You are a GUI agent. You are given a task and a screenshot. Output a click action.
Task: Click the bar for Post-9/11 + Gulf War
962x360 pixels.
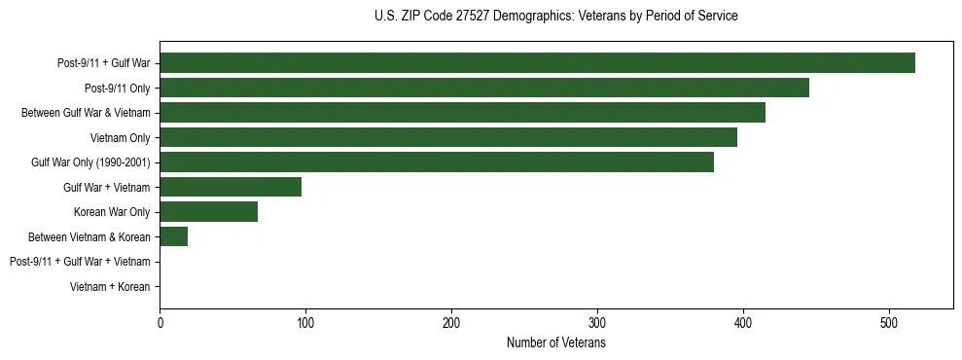coord(537,63)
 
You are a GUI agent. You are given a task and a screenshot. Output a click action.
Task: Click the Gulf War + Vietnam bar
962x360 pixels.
coord(231,187)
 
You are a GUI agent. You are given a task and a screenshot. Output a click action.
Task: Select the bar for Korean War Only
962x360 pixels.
coord(208,212)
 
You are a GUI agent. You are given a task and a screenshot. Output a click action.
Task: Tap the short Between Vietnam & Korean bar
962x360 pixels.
coord(173,236)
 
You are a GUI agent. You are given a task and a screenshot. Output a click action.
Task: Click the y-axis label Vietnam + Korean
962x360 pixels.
coord(110,287)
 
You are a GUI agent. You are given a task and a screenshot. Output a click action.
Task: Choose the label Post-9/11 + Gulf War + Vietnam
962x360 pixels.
coord(80,262)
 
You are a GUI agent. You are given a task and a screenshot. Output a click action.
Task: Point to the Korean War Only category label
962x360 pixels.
coord(112,212)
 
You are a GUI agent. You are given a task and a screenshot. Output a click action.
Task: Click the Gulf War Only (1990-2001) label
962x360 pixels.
coord(90,162)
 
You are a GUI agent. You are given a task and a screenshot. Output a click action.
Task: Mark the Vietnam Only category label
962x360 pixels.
coord(120,138)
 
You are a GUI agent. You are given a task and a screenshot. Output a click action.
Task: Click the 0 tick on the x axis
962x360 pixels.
coord(160,323)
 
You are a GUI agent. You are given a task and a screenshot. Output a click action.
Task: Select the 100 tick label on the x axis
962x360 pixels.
coord(305,323)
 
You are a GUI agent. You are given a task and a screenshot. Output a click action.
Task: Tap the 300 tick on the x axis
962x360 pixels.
coord(597,323)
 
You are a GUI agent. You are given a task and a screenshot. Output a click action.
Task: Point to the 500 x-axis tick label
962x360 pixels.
coord(889,323)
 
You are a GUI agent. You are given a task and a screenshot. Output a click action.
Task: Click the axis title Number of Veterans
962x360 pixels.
coord(556,343)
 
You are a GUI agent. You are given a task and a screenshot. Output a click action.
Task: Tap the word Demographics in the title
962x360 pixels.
coord(530,17)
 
